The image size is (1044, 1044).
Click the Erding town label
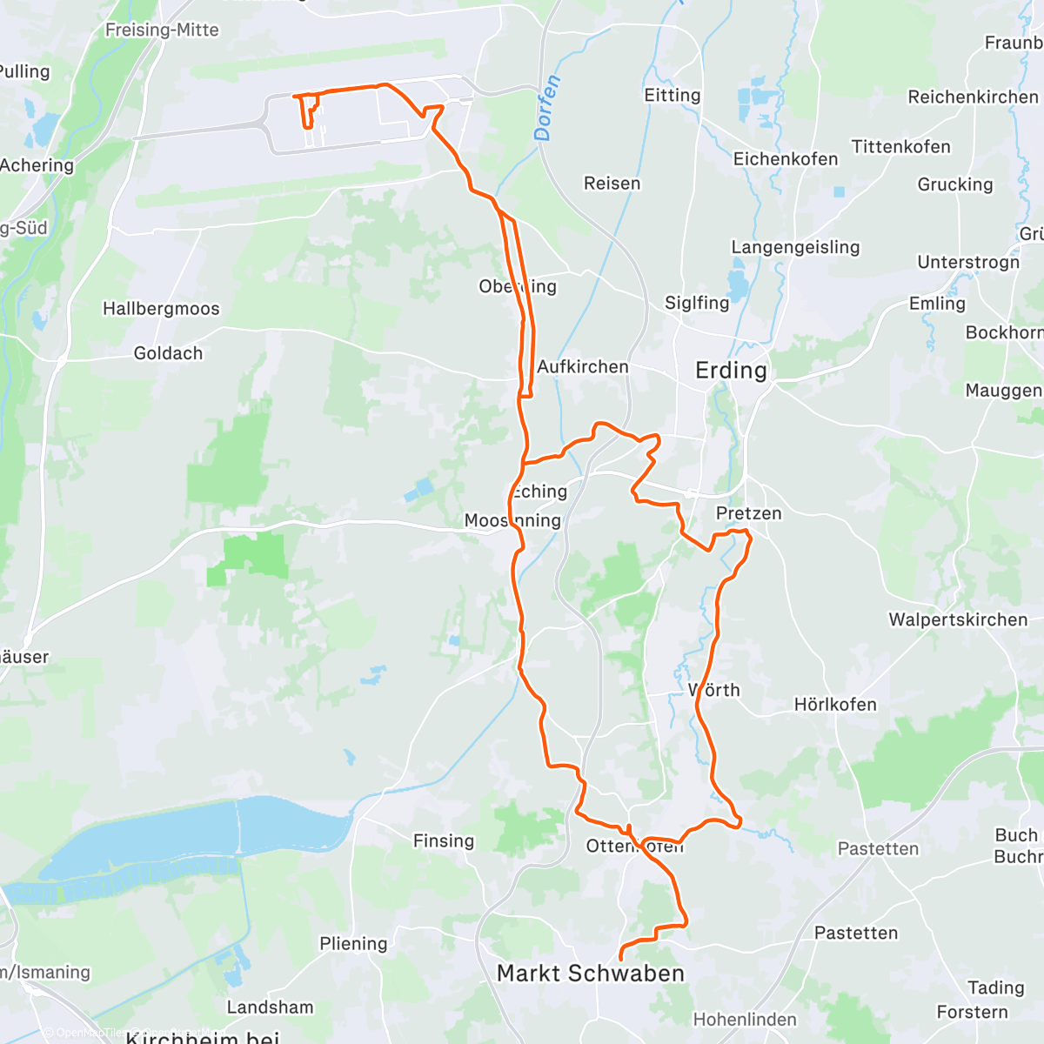click(x=731, y=371)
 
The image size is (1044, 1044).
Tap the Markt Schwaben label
click(x=591, y=974)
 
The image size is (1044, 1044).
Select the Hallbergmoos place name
click(x=161, y=309)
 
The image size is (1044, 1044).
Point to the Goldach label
click(x=168, y=353)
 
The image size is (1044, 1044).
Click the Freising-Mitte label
click(x=162, y=30)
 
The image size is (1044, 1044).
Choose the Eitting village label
click(x=672, y=95)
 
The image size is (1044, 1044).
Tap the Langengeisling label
click(x=795, y=247)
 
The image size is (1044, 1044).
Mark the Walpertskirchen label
click(x=958, y=620)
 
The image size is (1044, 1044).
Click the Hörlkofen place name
click(x=835, y=704)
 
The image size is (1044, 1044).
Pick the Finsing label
click(x=444, y=840)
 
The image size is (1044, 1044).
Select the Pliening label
click(x=353, y=943)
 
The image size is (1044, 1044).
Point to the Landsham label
click(x=270, y=1007)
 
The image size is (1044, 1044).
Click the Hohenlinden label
click(x=745, y=1020)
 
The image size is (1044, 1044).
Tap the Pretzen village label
click(x=748, y=513)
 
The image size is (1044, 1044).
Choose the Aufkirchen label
click(x=583, y=367)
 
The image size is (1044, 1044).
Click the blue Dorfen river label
click(x=547, y=109)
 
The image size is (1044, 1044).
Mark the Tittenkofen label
click(x=901, y=147)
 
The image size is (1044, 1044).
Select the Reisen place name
click(x=612, y=184)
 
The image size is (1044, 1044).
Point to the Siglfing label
click(x=697, y=303)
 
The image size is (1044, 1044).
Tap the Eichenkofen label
click(x=786, y=159)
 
